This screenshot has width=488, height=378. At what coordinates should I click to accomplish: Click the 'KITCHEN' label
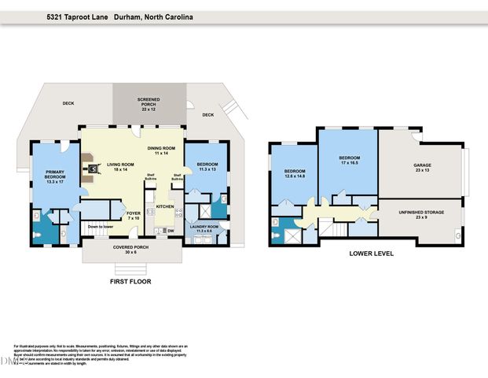click(164, 206)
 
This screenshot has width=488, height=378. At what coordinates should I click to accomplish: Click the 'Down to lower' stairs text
click(101, 227)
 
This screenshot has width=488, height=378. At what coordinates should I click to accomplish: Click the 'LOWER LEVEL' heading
click(371, 254)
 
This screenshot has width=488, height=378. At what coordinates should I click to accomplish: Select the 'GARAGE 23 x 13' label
click(423, 169)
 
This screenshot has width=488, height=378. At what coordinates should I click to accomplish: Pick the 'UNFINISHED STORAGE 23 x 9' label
click(423, 215)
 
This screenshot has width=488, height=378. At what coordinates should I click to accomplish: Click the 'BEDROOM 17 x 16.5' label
click(349, 160)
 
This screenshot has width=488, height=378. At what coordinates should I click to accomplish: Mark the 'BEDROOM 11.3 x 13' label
click(207, 167)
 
